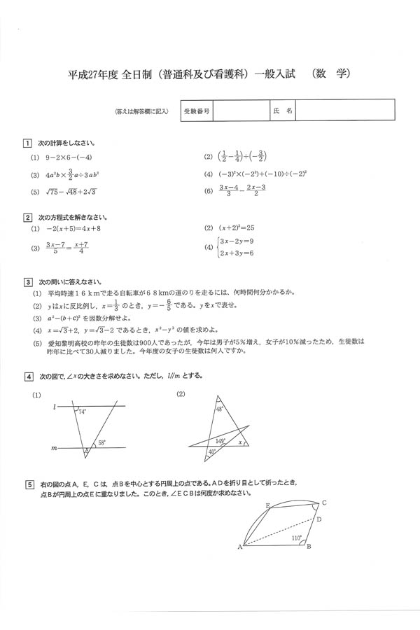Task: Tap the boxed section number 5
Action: (x=27, y=484)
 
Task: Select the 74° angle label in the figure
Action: (x=82, y=412)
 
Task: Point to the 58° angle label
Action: (x=101, y=443)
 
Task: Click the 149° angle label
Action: (x=220, y=441)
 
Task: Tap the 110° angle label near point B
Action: (x=295, y=538)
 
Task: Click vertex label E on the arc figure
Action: (x=267, y=505)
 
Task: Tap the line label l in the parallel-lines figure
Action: (x=54, y=406)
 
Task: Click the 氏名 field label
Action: (x=283, y=111)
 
